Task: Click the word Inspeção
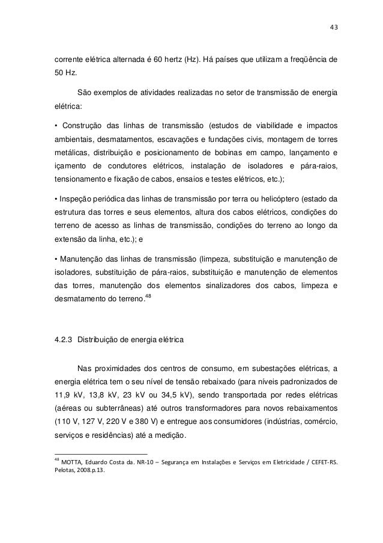click(x=75, y=198)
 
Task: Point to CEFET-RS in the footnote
click(x=323, y=462)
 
